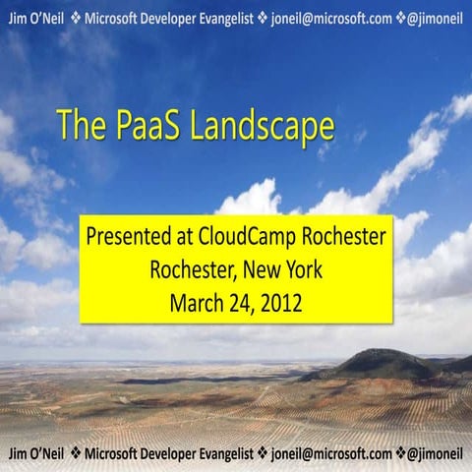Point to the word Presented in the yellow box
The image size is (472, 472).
pyautogui.click(x=123, y=239)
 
